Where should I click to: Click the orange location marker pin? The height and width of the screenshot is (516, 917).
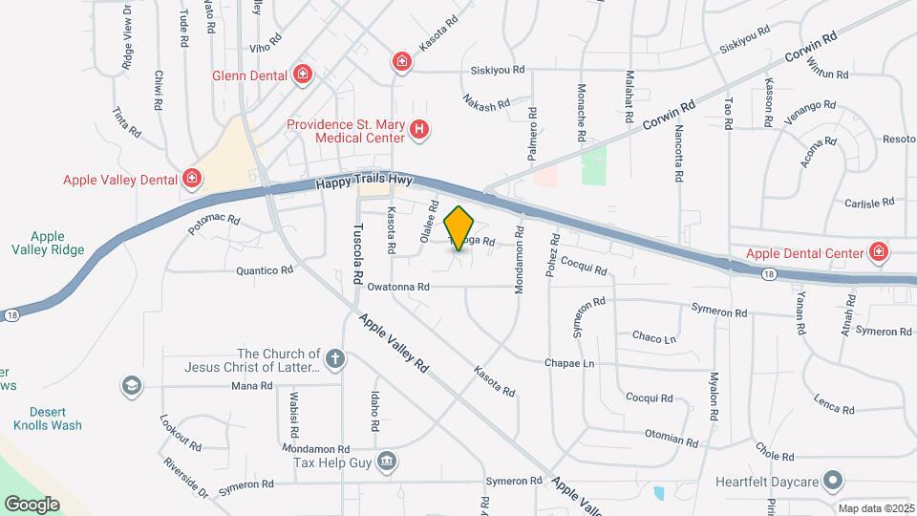tap(459, 228)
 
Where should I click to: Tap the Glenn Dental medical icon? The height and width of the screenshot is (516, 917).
tap(303, 74)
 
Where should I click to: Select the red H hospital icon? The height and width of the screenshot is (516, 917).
tap(418, 130)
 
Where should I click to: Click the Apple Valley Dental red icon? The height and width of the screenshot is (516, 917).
tap(192, 179)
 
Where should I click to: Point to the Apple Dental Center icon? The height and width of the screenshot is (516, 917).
tap(879, 253)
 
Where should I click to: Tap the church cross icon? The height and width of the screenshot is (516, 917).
tap(334, 359)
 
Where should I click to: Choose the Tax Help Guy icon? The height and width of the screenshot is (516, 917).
tap(386, 462)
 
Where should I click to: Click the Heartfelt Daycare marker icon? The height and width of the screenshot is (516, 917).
tap(834, 480)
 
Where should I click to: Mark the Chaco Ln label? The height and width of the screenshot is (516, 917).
tap(654, 337)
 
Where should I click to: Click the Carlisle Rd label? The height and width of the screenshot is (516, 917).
tap(868, 203)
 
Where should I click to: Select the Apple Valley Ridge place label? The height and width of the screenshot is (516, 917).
tap(48, 244)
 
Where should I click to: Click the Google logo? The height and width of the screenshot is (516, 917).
tap(32, 504)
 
